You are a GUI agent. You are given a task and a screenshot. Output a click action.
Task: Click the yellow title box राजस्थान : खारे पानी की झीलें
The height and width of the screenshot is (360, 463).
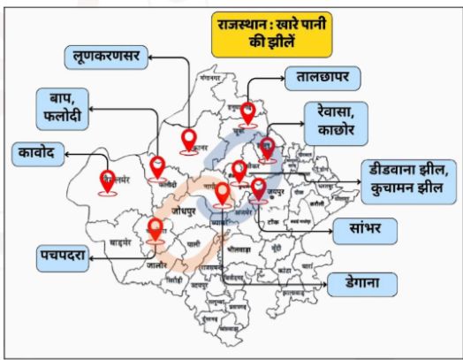[x=270, y=34]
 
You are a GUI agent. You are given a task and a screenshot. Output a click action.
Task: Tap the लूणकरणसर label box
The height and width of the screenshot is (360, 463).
[x=107, y=59]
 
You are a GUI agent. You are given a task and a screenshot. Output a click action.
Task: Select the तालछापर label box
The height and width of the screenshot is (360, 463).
[x=324, y=78]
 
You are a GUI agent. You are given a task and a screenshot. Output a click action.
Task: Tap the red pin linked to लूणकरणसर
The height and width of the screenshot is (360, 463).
[x=188, y=141]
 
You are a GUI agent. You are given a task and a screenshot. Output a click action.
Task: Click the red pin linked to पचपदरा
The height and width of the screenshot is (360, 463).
[x=156, y=229]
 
